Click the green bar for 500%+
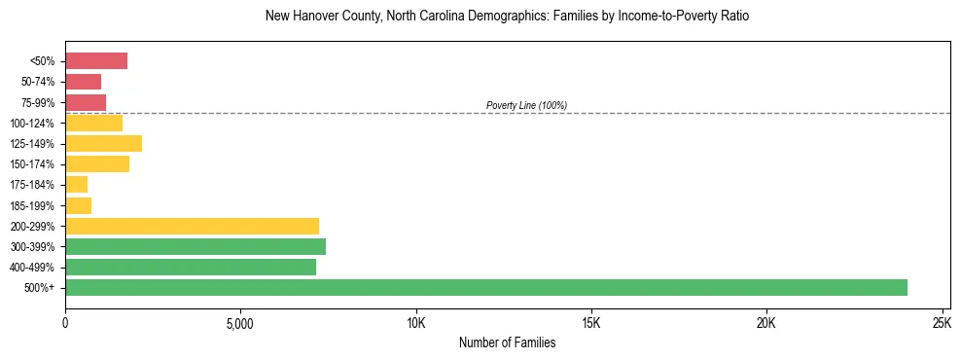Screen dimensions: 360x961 486,287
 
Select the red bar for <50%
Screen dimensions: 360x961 96,61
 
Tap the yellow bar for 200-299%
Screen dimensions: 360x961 192,226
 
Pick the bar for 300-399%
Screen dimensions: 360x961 196,246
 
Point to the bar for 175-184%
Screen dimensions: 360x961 77,185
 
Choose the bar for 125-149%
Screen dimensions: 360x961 103,144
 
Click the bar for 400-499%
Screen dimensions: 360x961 191,267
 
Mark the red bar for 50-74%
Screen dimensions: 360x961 84,82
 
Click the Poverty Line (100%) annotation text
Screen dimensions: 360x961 526,105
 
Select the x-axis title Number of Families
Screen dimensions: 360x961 507,342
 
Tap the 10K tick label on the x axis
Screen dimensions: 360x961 416,323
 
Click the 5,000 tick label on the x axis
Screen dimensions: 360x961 240,323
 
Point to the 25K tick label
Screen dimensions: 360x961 942,323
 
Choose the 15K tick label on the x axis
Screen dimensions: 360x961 591,323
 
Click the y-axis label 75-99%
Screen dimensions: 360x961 38,103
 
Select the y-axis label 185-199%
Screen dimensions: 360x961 35,205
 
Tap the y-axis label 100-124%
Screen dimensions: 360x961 35,124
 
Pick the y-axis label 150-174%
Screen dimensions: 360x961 35,164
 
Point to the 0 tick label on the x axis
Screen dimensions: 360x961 65,323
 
